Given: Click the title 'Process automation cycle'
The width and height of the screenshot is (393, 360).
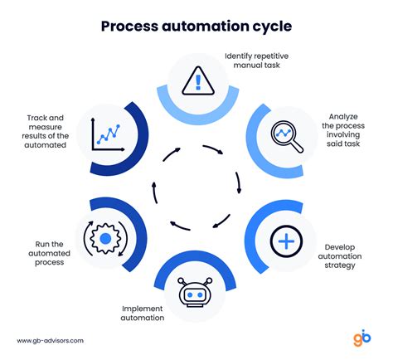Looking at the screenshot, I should pos(196,25).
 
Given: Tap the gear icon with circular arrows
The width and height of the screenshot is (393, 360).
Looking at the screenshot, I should pos(105,241).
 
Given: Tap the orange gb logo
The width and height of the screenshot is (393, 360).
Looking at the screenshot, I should pos(361,338).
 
